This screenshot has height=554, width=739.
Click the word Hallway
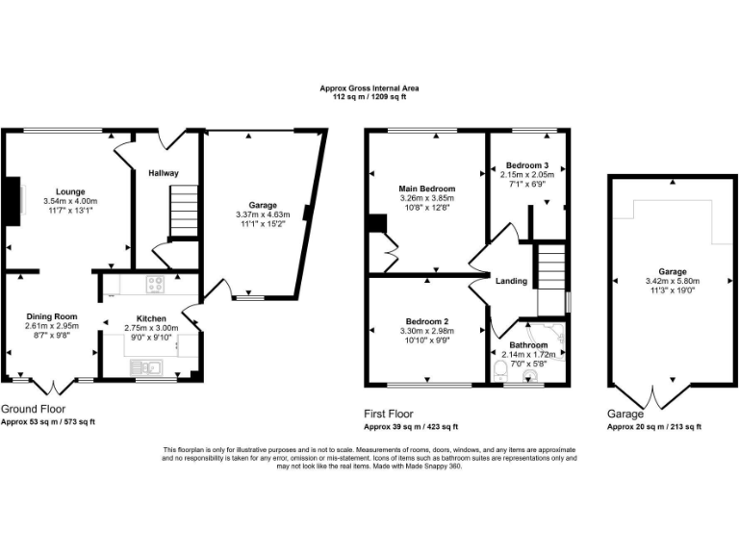(x=164, y=173)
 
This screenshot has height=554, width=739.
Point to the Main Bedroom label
(x=426, y=189)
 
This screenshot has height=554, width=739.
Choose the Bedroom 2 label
(x=425, y=321)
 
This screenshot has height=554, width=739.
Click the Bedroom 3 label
(x=526, y=165)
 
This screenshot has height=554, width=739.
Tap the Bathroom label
(x=528, y=344)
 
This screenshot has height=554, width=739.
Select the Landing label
(x=511, y=281)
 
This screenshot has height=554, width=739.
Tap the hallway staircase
(x=183, y=213)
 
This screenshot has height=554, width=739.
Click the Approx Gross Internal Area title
(x=369, y=88)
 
